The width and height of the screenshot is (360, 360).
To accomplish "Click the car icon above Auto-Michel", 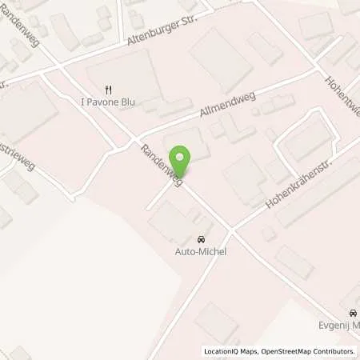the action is (x=200, y=239).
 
